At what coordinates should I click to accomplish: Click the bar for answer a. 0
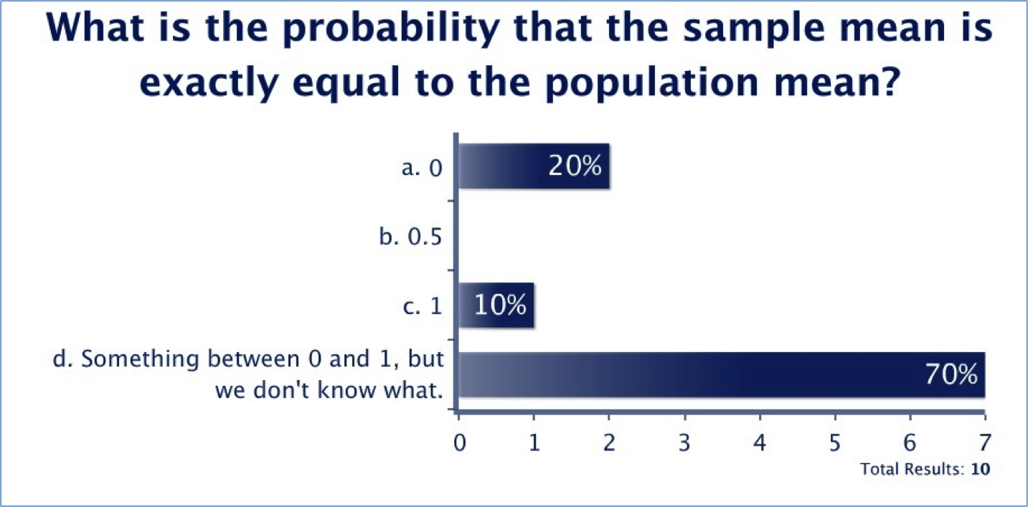tap(534, 166)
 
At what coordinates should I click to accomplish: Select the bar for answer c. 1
tap(496, 305)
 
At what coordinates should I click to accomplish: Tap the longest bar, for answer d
tap(722, 374)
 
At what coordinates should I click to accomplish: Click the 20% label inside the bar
tap(575, 166)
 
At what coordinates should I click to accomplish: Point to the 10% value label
tap(500, 305)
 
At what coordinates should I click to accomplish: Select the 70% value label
tap(951, 374)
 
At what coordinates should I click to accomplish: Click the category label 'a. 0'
tap(422, 168)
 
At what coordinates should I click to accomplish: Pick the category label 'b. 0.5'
tap(410, 237)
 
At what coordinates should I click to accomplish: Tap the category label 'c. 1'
tap(423, 306)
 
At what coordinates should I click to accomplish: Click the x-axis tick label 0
tap(459, 442)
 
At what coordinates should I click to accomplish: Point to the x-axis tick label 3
tap(684, 442)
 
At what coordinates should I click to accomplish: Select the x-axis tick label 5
tap(835, 442)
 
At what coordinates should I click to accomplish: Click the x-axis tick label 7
tap(985, 442)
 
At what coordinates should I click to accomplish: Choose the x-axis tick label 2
tap(609, 442)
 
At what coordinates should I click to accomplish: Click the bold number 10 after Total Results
tap(980, 470)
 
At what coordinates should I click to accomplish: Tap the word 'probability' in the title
tap(390, 29)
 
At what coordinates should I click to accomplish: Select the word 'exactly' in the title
tap(209, 83)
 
